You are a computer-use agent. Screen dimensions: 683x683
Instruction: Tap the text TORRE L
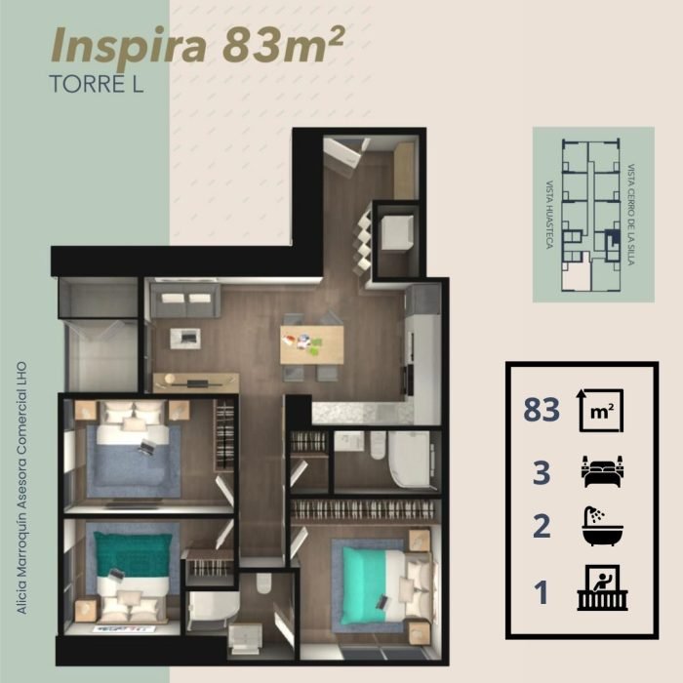97,84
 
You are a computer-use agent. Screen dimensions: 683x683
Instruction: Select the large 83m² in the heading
284,45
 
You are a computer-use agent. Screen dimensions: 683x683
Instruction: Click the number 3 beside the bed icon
542,473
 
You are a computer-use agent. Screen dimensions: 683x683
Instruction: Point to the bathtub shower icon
602,526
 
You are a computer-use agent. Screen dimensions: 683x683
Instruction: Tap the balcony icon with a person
602,587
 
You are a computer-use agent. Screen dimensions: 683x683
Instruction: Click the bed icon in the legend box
602,471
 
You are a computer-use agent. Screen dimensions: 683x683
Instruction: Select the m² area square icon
601,411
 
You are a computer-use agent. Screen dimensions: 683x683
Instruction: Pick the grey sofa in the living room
185,300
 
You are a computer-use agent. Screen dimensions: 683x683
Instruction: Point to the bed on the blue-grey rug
133,449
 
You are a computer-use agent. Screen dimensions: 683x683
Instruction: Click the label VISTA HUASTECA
549,215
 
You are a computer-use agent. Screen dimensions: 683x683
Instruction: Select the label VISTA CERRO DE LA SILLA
630,215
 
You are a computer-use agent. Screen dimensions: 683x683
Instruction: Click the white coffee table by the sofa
185,338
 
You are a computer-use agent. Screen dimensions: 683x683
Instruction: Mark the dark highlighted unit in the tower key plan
613,237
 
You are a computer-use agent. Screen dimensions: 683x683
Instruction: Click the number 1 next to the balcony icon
542,593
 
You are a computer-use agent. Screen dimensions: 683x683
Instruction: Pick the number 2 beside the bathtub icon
542,526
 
